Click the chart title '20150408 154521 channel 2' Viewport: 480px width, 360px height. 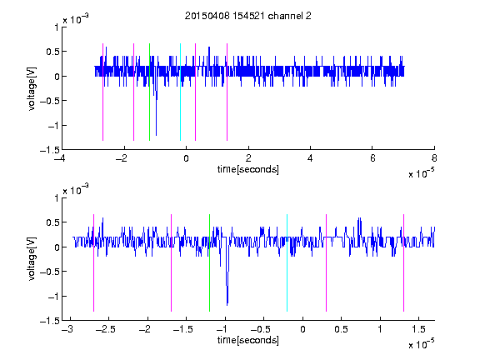click(x=248, y=16)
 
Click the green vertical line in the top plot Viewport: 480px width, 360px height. click(x=149, y=92)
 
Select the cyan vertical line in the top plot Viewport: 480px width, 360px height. click(x=180, y=92)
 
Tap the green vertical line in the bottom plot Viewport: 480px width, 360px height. click(x=209, y=262)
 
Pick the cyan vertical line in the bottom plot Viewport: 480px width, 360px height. click(x=287, y=262)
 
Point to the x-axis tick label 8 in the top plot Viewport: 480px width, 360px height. click(x=434, y=158)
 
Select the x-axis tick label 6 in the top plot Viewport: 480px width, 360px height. click(x=372, y=158)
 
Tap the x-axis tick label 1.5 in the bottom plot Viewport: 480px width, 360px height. click(x=418, y=329)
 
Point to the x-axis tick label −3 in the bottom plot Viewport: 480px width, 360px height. click(x=67, y=329)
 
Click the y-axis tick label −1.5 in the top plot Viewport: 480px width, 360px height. click(x=50, y=150)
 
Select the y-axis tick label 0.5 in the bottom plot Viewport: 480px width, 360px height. click(x=52, y=222)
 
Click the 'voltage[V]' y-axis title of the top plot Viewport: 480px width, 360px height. click(x=32, y=89)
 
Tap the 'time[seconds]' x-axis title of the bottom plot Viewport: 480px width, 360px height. click(x=248, y=340)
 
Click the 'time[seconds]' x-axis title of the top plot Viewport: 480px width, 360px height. click(x=248, y=169)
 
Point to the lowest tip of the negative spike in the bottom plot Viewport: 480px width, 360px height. click(x=227, y=305)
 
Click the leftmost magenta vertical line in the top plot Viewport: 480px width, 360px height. click(x=102, y=92)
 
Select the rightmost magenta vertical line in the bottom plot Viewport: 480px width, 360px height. click(x=403, y=262)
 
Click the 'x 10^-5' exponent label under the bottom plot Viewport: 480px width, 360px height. click(x=421, y=344)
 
